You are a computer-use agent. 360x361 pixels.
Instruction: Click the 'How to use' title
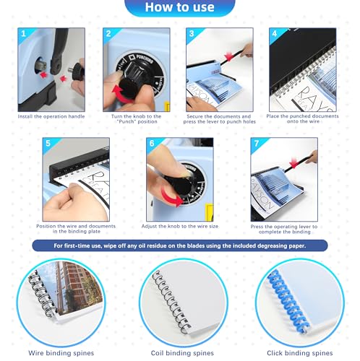click(179, 8)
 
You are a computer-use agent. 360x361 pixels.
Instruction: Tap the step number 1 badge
click(24, 33)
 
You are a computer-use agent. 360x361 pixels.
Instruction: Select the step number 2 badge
click(107, 33)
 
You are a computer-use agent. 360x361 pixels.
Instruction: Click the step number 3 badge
click(191, 33)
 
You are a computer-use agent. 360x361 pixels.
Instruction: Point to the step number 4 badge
click(274, 33)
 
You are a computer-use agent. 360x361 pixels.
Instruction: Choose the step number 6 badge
click(151, 143)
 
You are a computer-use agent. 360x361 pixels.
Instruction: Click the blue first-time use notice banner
click(179, 245)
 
